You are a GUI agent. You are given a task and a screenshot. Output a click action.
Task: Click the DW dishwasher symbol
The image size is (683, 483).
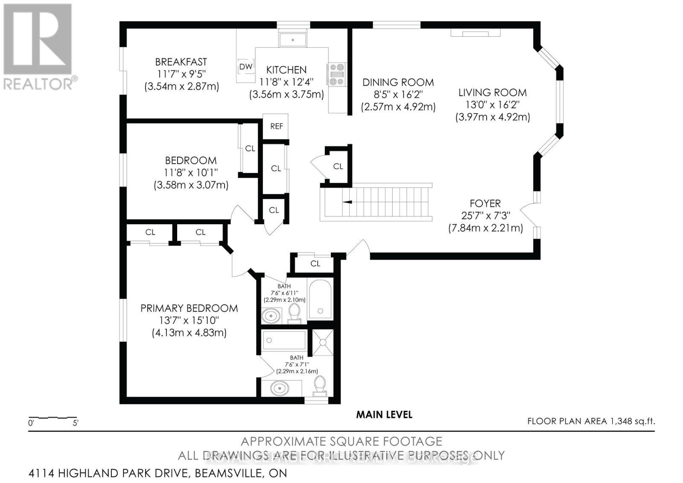point(245,67)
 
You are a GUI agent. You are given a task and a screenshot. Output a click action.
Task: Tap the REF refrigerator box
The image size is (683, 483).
point(276,126)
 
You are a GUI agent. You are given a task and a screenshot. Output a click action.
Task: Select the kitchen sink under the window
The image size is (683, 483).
point(293,40)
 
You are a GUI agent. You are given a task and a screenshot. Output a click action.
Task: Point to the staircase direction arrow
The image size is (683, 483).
point(347,202)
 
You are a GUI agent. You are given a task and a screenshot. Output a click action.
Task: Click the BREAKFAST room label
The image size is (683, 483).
point(181,62)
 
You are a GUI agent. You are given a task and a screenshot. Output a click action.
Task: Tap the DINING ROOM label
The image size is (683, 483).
point(398,82)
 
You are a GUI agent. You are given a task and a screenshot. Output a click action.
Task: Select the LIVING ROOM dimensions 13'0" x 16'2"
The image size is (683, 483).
point(492,105)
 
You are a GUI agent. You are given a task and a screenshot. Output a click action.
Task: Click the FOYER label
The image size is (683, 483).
point(485,203)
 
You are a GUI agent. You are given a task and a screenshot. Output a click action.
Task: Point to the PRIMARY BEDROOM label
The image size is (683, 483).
point(189,308)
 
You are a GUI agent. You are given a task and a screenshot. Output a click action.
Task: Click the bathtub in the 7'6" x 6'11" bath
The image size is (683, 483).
point(320,299)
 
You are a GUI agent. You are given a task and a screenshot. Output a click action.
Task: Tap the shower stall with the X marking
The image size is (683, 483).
point(323,342)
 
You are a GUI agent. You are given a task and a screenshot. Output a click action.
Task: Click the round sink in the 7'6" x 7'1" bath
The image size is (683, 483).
point(279,388)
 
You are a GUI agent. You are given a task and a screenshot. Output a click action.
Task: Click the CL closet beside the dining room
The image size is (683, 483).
point(338,166)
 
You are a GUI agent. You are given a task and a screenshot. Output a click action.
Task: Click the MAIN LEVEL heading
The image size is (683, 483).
point(384,414)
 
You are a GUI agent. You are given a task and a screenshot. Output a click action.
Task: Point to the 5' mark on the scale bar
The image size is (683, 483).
point(76,423)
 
